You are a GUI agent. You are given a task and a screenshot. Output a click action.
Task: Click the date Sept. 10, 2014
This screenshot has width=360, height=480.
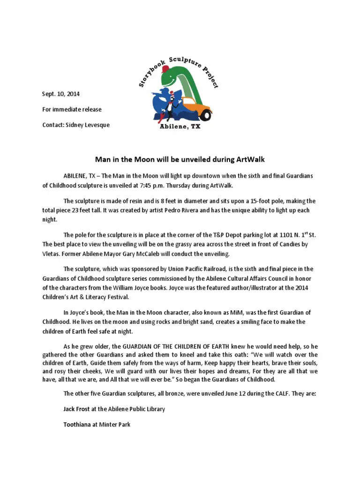click(x=61, y=94)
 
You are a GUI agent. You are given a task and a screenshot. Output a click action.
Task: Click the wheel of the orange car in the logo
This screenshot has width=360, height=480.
click(x=206, y=115)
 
